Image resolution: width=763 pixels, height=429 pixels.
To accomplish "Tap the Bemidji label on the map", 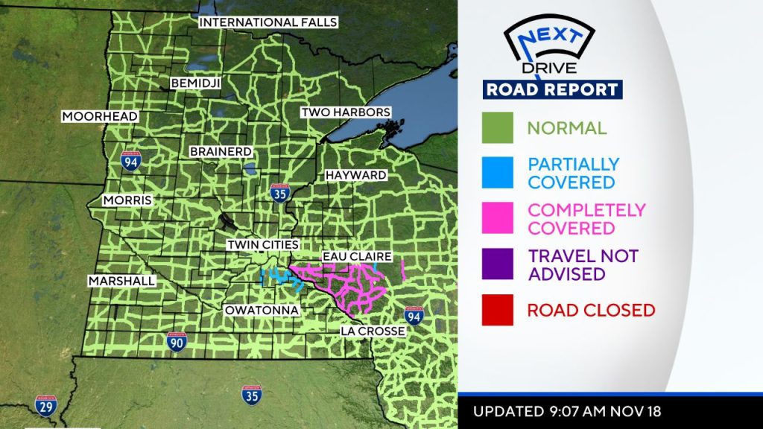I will (196, 83).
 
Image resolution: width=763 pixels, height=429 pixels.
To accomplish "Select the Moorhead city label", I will (100, 116).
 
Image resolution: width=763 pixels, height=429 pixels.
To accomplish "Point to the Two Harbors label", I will (345, 112).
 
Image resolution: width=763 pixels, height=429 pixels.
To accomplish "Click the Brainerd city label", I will (220, 151).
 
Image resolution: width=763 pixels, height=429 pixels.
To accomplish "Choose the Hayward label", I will (355, 175).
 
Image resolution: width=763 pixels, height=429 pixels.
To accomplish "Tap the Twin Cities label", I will (263, 245).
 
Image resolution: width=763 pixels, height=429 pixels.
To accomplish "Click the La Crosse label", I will (373, 331).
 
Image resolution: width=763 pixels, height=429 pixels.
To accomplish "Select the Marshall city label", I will (121, 282).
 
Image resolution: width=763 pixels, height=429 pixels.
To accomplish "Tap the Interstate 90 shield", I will (177, 343).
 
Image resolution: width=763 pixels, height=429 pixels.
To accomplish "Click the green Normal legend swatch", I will (497, 127).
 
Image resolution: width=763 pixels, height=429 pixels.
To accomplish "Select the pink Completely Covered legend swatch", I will (497, 218).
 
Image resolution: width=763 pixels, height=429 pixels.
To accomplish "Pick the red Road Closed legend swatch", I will (497, 310).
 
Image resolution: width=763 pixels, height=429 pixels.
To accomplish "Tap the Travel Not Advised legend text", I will (583, 264).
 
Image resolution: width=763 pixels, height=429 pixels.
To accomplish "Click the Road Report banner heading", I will (552, 89).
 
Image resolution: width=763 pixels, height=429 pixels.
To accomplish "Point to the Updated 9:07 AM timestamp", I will (567, 411).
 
